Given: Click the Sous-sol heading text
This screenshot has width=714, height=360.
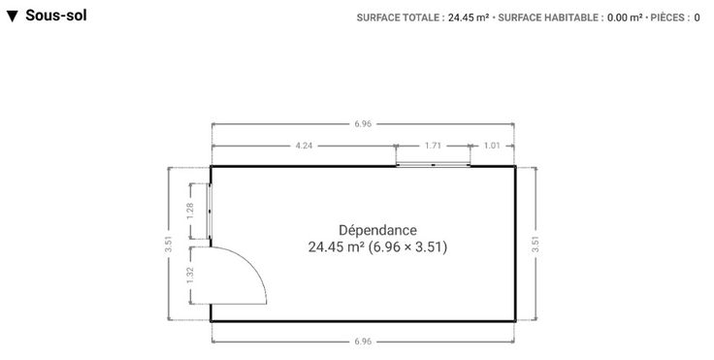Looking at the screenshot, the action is [56, 15].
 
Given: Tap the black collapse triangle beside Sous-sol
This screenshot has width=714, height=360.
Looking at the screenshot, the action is [13, 16].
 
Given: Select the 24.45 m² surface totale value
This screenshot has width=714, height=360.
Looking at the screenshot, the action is [469, 17].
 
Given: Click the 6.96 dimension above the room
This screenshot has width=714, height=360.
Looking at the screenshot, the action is [363, 123].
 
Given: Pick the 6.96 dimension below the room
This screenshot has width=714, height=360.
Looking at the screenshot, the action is [363, 341].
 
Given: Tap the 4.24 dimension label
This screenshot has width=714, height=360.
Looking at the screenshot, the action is [304, 146].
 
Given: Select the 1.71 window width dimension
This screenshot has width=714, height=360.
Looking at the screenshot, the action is [433, 146].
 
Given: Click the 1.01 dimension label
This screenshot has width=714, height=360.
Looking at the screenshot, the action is [492, 146].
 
